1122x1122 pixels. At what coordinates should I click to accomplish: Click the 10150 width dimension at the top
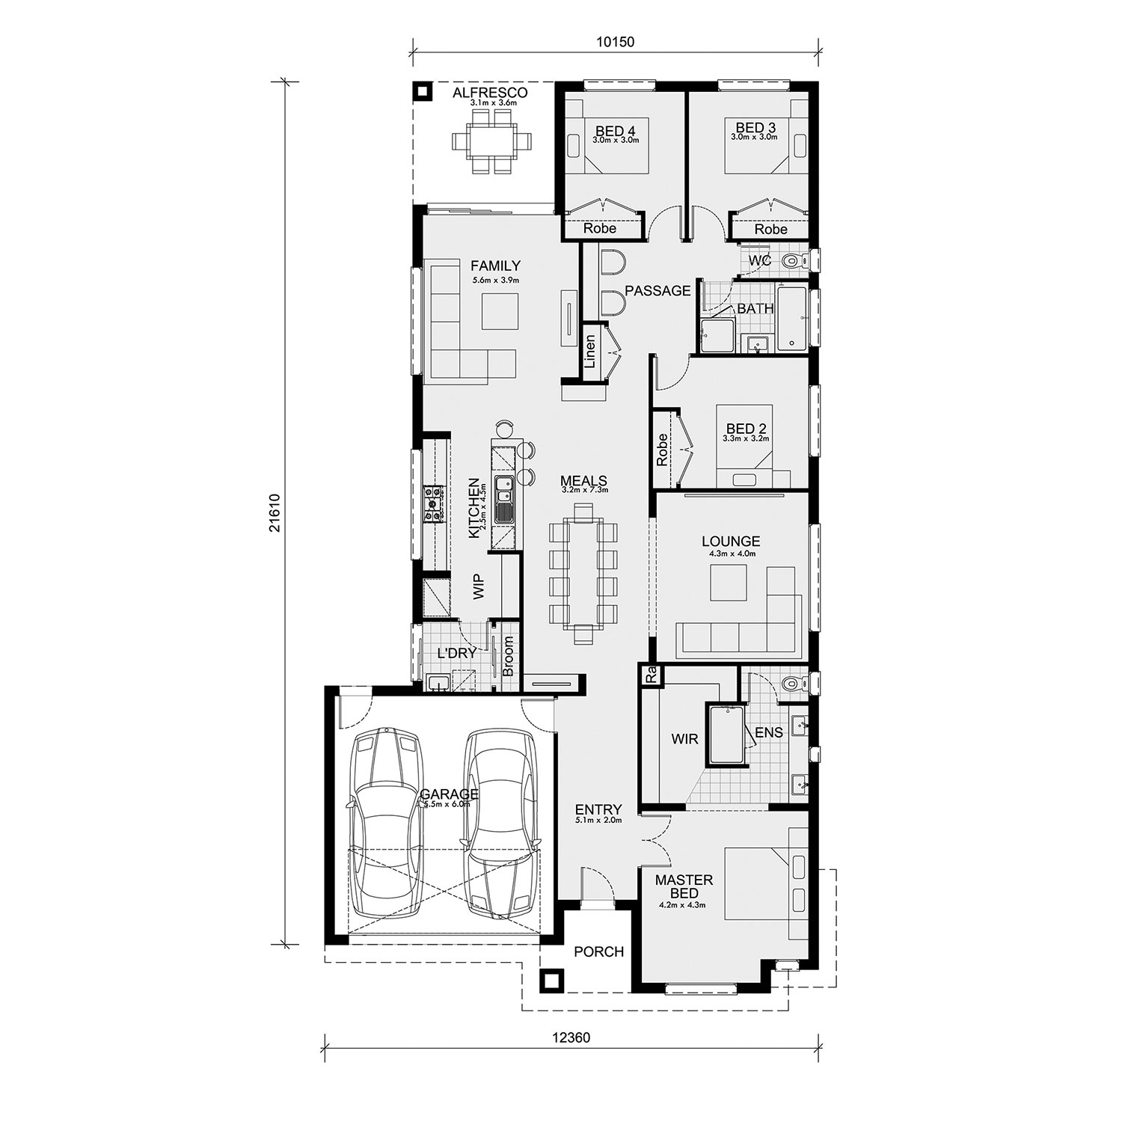[x=615, y=42]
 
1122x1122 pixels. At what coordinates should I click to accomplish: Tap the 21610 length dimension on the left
[x=276, y=512]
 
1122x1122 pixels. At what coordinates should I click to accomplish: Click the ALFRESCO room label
[x=491, y=93]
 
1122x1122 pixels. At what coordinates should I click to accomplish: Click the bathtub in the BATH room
[x=792, y=317]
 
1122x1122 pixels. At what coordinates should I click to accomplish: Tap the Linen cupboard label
[x=590, y=351]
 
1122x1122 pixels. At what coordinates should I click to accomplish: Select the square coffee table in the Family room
[x=500, y=311]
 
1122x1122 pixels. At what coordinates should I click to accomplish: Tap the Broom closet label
[x=509, y=656]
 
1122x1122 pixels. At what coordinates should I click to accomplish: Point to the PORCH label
[x=598, y=951]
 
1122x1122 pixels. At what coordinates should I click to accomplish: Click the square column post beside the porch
[x=552, y=981]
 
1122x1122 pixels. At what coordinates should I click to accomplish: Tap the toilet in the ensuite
[x=791, y=683]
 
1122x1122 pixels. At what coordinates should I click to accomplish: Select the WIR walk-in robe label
[x=684, y=739]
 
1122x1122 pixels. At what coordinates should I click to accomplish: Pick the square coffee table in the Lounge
[x=728, y=583]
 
